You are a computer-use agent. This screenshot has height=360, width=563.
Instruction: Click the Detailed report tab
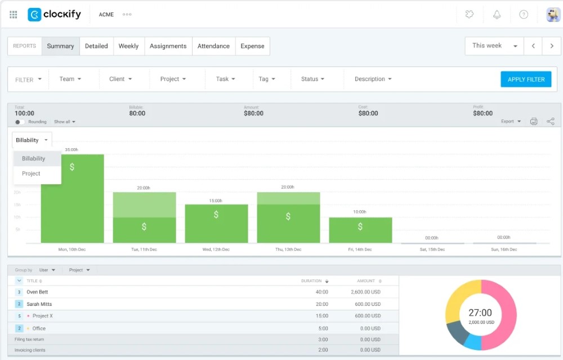(x=96, y=46)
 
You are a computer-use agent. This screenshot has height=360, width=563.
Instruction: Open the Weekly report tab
(x=128, y=46)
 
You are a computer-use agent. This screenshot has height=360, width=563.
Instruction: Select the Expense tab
(x=252, y=46)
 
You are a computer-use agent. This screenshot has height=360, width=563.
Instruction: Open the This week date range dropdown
(x=494, y=46)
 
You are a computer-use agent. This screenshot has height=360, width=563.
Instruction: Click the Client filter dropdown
(x=120, y=79)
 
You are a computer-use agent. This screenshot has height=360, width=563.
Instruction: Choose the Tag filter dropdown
(x=267, y=79)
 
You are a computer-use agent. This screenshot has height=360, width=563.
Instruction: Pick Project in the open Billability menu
(x=32, y=174)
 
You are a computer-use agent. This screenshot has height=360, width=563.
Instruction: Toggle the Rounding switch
(x=20, y=122)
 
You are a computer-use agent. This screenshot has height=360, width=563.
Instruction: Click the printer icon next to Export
(x=534, y=122)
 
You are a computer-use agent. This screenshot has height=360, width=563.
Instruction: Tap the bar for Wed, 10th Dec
(x=216, y=223)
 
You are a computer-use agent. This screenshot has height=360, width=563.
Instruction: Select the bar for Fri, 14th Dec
(x=360, y=230)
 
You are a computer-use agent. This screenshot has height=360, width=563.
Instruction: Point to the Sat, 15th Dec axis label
(x=432, y=249)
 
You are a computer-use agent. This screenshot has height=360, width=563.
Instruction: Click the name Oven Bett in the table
(x=37, y=292)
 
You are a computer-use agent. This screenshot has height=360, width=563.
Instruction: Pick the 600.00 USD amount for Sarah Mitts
(x=367, y=304)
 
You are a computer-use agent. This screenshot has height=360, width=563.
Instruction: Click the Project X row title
(x=43, y=316)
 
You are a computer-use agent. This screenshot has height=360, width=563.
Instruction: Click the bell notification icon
(x=497, y=15)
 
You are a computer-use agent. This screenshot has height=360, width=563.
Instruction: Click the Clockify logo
(x=54, y=15)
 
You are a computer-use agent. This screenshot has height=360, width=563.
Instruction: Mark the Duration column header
(x=311, y=281)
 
